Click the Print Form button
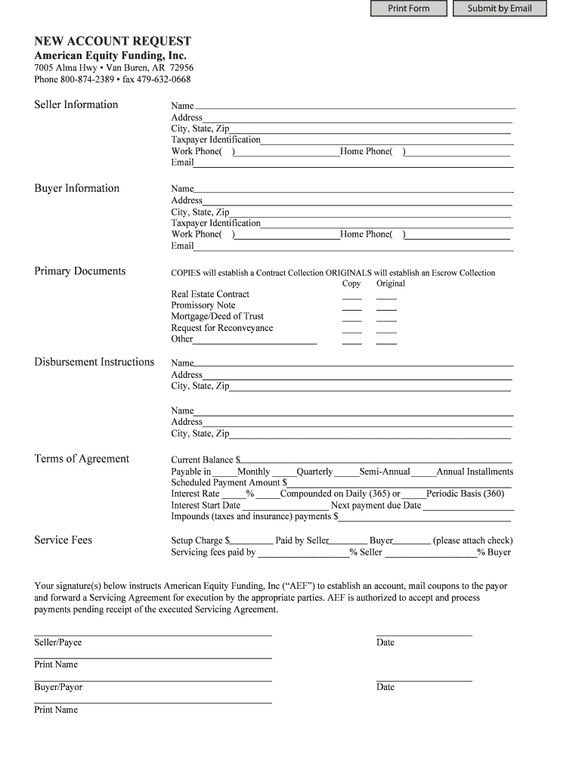tap(408, 8)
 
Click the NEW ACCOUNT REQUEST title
tap(113, 41)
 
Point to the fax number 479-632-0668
tap(163, 79)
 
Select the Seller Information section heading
tap(76, 104)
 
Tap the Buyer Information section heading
tap(77, 188)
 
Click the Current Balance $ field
tap(376, 459)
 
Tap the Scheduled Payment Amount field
tap(399, 482)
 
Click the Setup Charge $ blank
tap(250, 540)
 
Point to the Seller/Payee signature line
tap(153, 633)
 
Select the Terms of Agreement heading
tap(82, 459)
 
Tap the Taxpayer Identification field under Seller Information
tap(386, 140)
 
